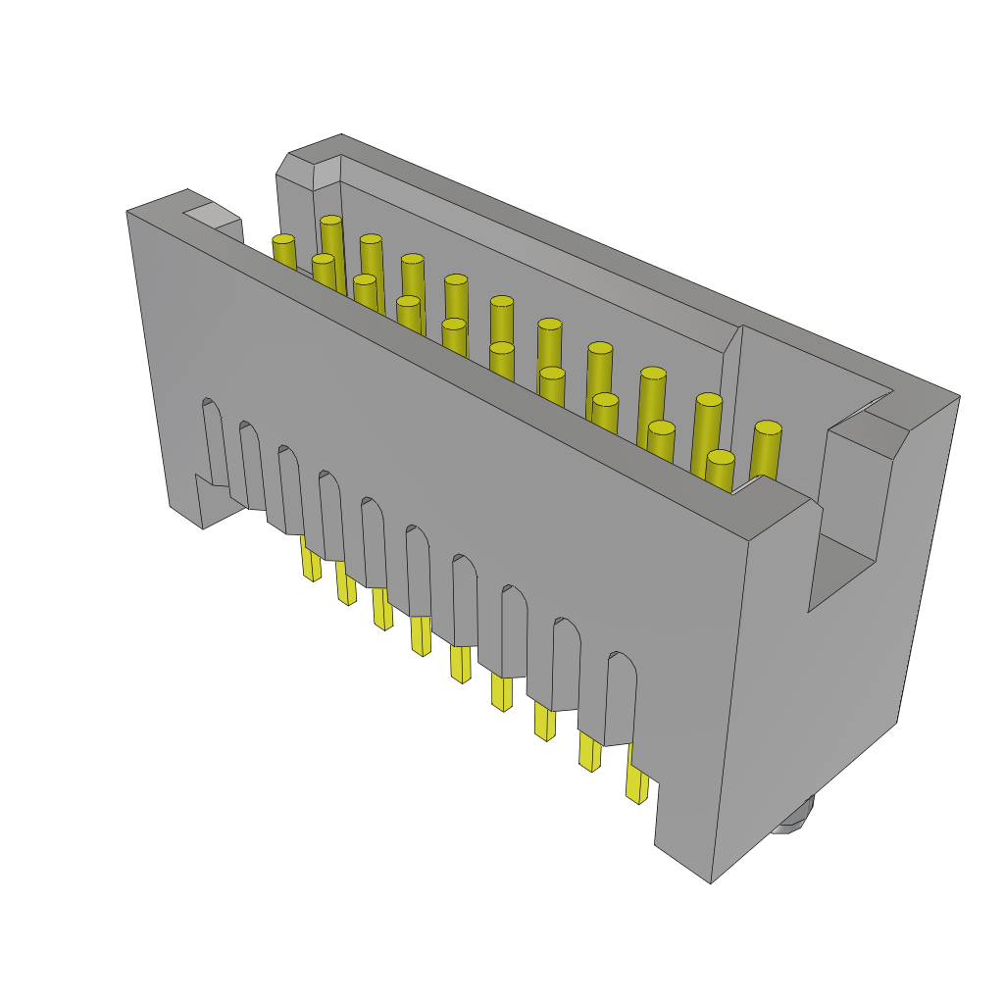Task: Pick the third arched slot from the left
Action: tap(290, 489)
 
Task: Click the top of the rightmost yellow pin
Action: tap(768, 427)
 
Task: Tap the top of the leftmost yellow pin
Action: tap(283, 239)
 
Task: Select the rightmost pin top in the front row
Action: tap(721, 457)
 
